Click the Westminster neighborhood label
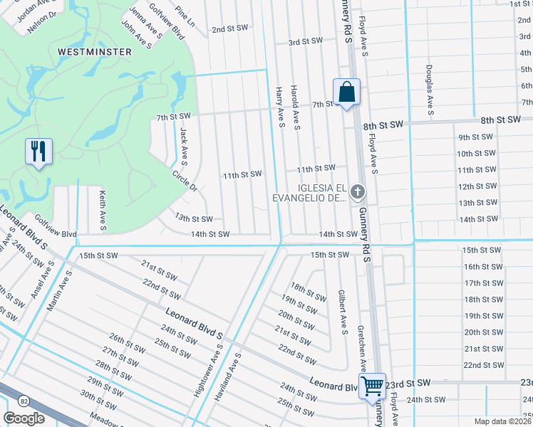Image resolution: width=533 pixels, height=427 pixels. tap(95, 52)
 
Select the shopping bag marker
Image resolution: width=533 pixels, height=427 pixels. tap(346, 92)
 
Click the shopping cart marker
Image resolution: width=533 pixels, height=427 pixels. tap(373, 386)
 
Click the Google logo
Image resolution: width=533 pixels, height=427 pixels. tap(24, 418)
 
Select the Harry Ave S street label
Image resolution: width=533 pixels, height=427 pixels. tap(281, 107)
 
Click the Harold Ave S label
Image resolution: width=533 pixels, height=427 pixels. tap(296, 107)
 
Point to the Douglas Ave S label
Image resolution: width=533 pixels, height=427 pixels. tap(430, 90)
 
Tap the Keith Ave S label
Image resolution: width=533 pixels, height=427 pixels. tap(103, 209)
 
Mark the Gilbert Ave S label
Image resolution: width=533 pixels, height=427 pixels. tap(343, 312)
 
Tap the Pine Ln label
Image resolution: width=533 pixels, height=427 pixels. tap(185, 18)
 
